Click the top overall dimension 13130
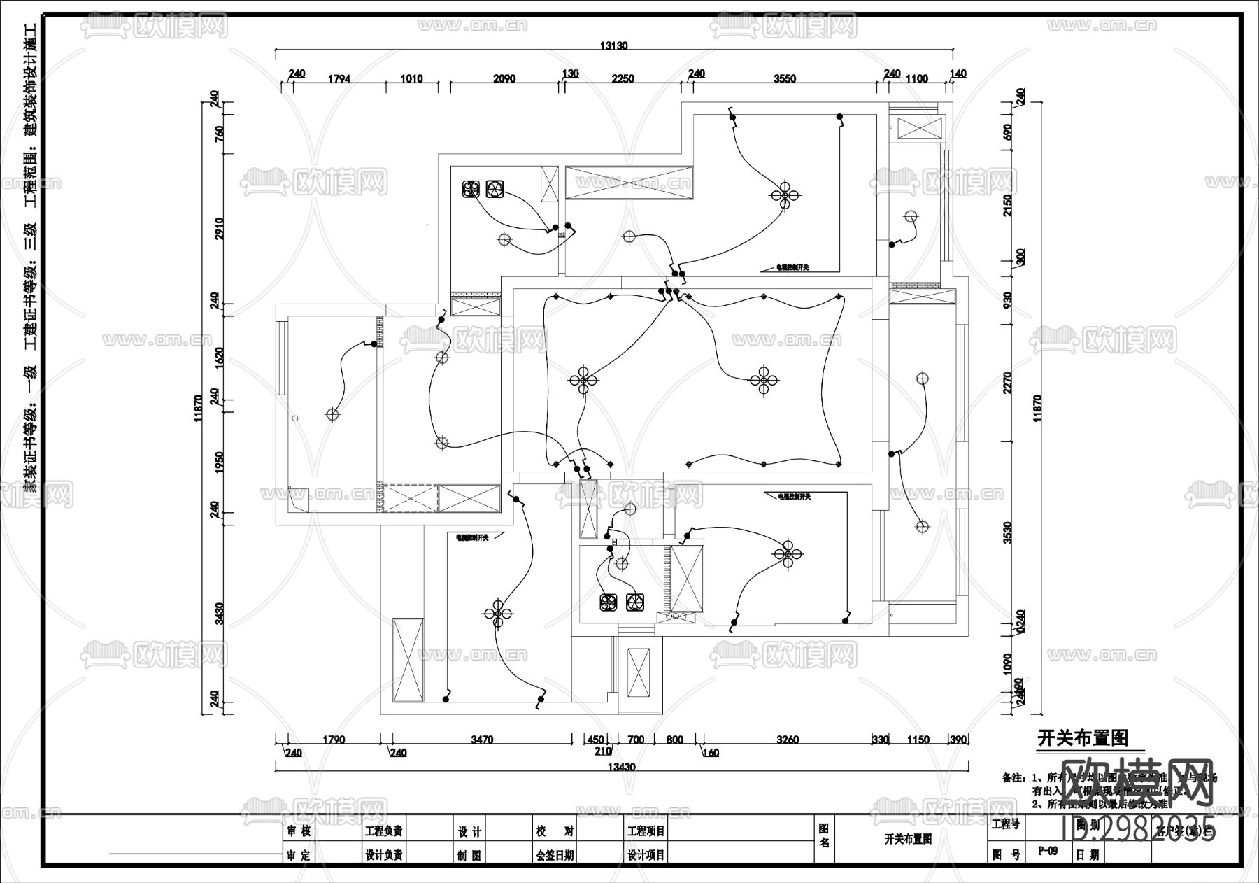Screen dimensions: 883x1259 click(613, 45)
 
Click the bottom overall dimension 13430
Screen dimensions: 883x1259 click(621, 767)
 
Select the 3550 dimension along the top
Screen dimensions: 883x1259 click(785, 78)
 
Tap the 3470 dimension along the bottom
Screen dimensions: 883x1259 click(482, 740)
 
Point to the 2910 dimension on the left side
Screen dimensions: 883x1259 click(218, 228)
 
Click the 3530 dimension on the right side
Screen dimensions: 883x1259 click(1008, 532)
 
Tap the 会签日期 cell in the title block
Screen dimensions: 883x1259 click(555, 854)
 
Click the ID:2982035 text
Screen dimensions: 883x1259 click(1139, 830)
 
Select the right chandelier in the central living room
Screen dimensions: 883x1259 click(764, 381)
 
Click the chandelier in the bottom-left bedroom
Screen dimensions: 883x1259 click(498, 614)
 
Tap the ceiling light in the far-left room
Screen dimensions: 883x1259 click(332, 414)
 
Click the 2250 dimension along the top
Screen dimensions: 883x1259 click(622, 78)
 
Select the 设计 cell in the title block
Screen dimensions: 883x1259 click(469, 831)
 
